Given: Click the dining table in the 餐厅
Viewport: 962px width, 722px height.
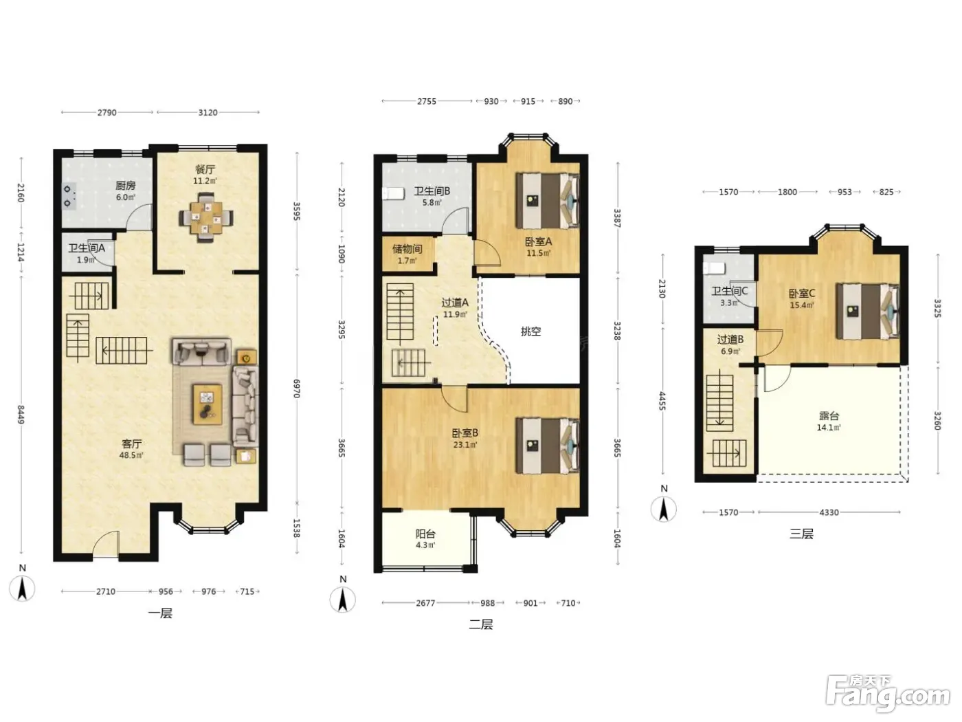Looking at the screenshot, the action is point(206,217).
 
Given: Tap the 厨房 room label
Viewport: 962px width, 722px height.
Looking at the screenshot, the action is point(125,186).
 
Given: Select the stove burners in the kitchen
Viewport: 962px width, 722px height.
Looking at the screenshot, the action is point(68,196).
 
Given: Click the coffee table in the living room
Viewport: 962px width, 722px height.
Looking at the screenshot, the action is point(208,404).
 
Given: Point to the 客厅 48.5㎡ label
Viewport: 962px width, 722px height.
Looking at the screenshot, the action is point(131,449).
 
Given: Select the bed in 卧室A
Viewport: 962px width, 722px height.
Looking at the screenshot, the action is point(548,200).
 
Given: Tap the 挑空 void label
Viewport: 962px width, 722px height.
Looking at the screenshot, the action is point(530,331).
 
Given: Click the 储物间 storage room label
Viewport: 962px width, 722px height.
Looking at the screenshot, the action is point(407,249).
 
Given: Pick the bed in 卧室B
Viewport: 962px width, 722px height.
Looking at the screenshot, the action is point(548,446).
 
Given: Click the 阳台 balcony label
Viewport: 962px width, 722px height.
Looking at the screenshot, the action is point(425,534).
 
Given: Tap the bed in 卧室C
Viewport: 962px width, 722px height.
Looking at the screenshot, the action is point(868,311).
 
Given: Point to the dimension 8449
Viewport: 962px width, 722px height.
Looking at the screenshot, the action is point(21,414).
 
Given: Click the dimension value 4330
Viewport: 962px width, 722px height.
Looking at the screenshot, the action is point(829,512).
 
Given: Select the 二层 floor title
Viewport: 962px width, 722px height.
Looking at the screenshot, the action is point(481,624).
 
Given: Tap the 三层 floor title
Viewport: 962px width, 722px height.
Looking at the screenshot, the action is point(801,534).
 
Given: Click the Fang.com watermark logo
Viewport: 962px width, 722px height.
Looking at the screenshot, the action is point(888,693).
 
